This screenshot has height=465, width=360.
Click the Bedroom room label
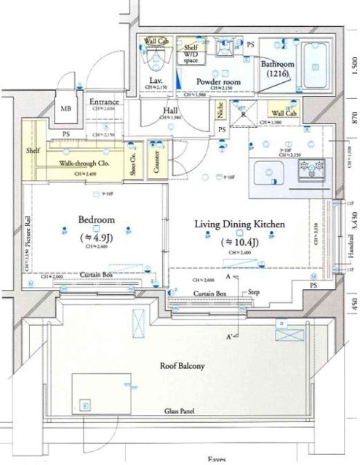[x=96, y=219]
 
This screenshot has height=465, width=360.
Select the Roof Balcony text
[x=182, y=366]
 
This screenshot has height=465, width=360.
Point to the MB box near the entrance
[x=66, y=109]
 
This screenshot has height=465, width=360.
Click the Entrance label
[x=104, y=102]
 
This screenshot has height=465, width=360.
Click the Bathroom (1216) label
[x=276, y=68]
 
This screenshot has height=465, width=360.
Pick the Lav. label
[x=155, y=79]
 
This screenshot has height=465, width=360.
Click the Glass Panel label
[x=178, y=411]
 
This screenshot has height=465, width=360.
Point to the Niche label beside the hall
[x=220, y=111]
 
